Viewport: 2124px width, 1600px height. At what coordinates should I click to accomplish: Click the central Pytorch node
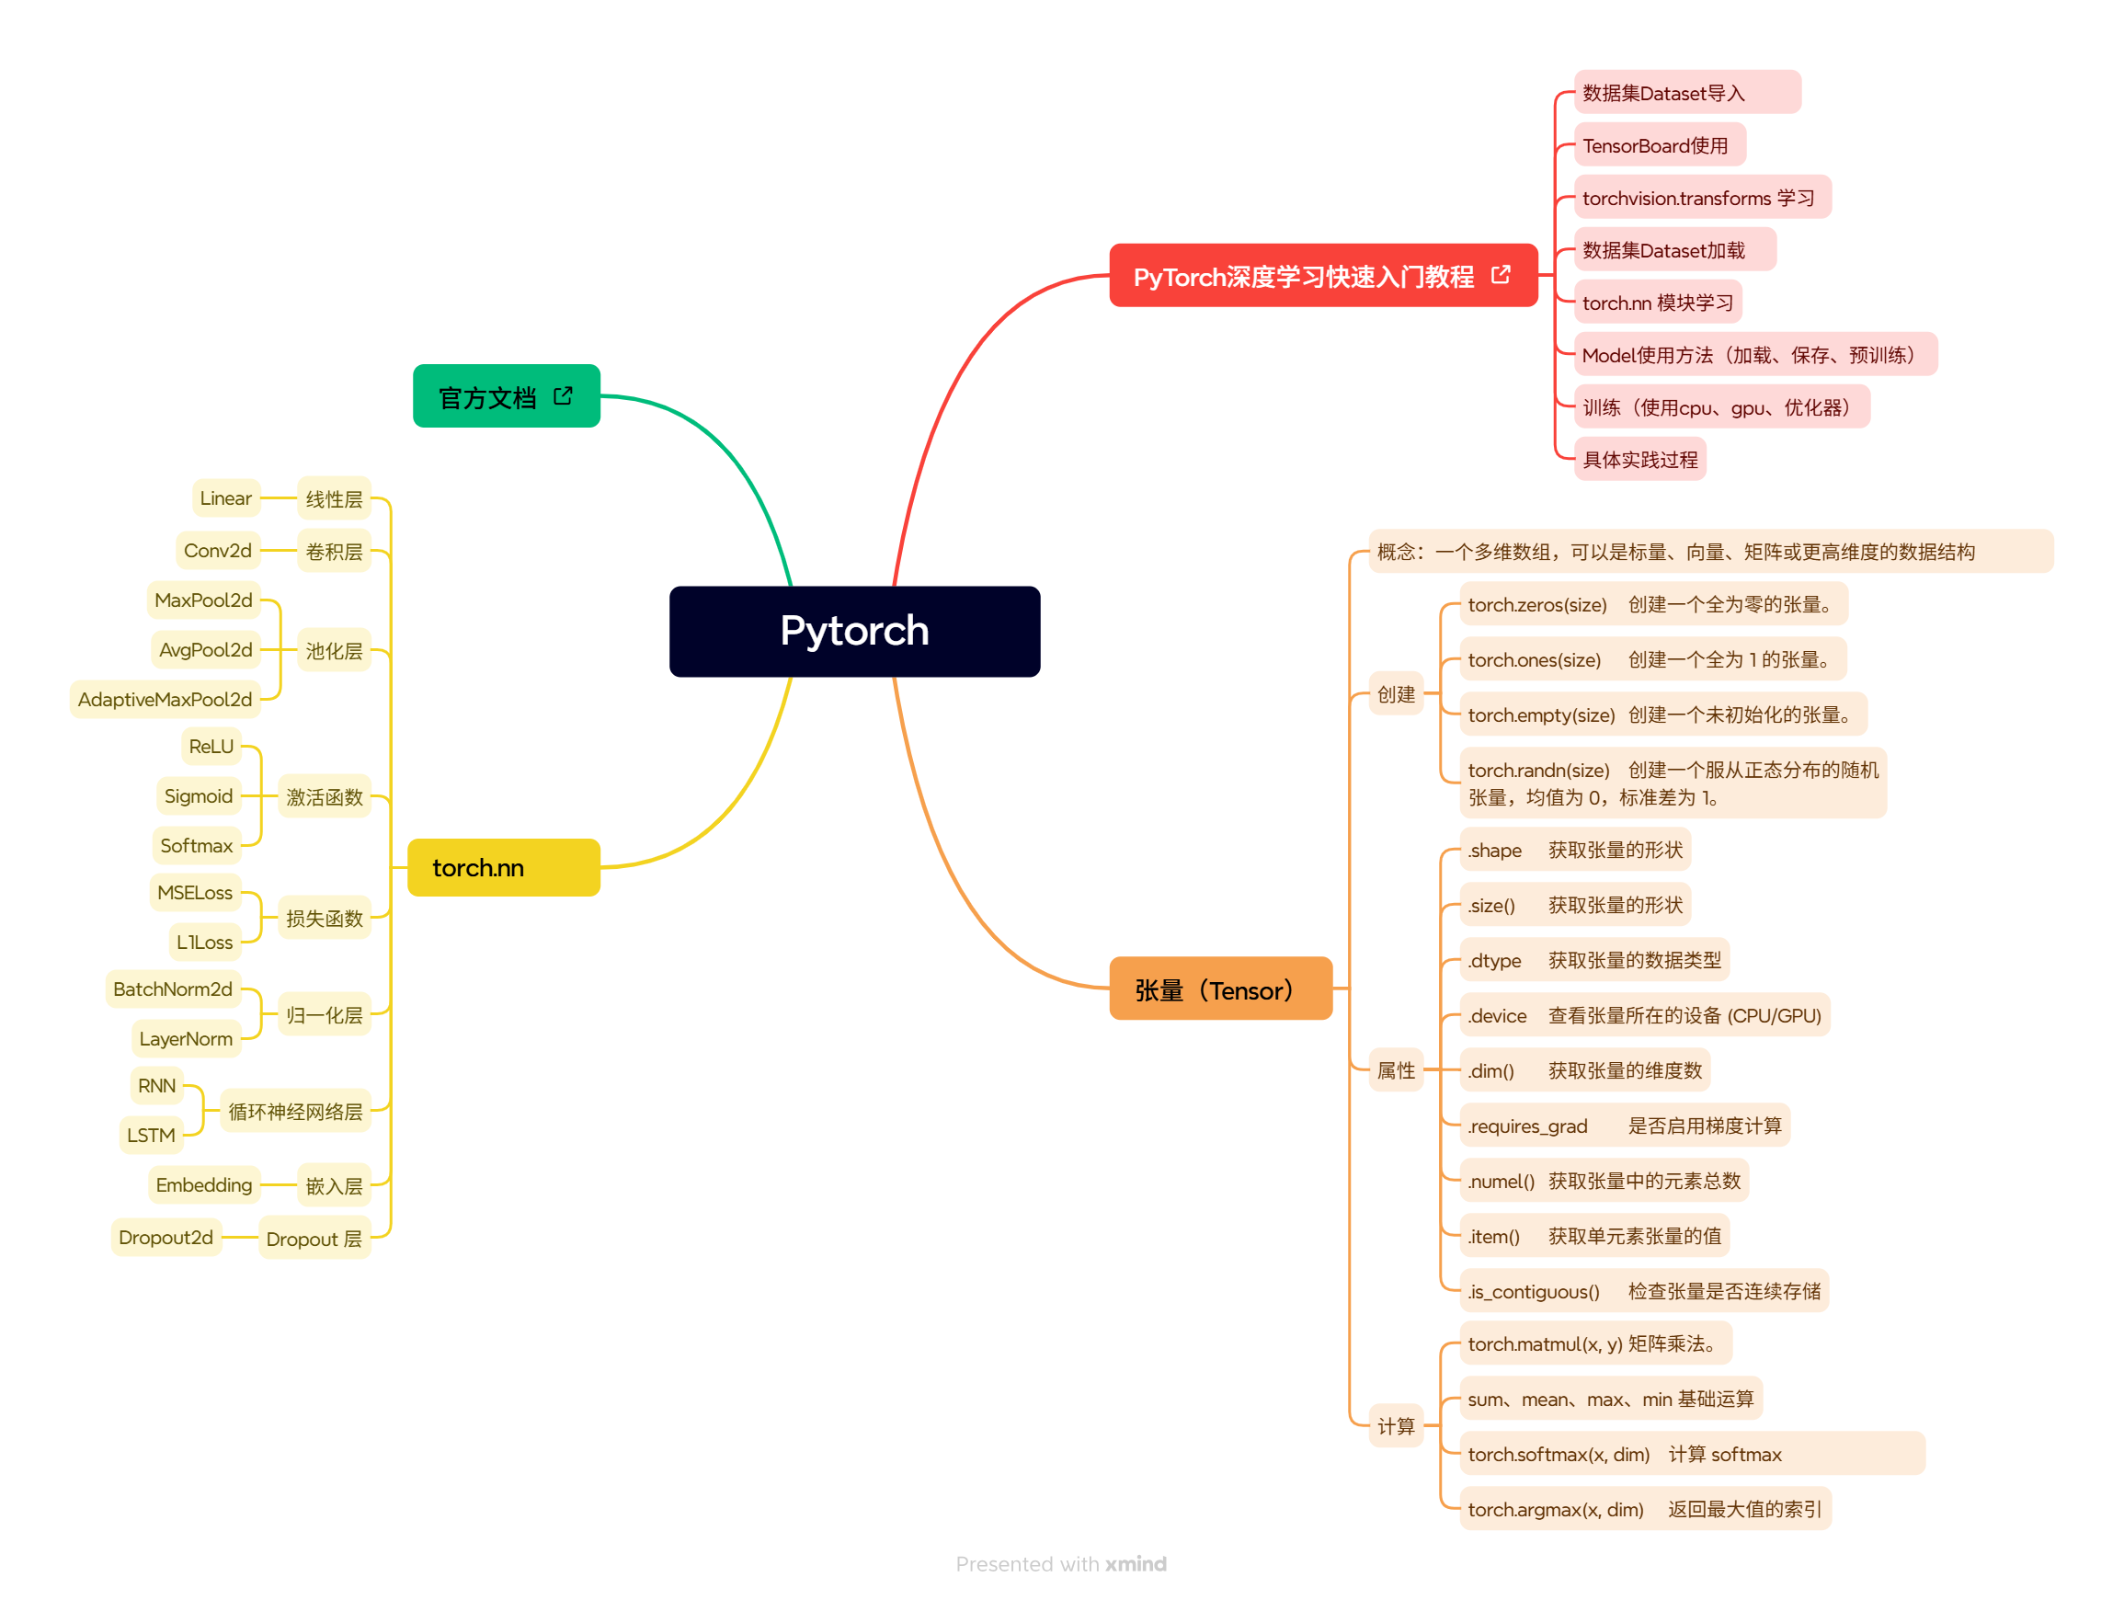coord(853,631)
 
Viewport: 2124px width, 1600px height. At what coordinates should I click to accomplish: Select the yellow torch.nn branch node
coord(503,867)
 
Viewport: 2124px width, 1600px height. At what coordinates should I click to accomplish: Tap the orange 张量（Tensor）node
coord(1219,989)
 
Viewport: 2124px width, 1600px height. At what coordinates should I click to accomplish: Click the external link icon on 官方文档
coord(564,395)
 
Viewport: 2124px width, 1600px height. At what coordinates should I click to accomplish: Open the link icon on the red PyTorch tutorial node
coord(1500,276)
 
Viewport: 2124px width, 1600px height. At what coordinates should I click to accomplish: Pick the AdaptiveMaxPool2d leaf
coord(166,699)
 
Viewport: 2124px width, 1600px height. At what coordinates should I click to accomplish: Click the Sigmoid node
coord(199,795)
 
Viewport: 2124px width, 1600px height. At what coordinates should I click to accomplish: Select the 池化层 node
coord(334,650)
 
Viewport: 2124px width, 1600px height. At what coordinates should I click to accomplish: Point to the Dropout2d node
coord(166,1237)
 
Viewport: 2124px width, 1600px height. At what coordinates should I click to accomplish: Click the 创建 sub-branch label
coord(1395,693)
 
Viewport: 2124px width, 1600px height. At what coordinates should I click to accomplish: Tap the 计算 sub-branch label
coord(1395,1425)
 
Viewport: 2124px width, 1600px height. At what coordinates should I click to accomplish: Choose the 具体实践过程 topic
coord(1639,459)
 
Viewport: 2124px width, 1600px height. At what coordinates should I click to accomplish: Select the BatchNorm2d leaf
coord(173,989)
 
